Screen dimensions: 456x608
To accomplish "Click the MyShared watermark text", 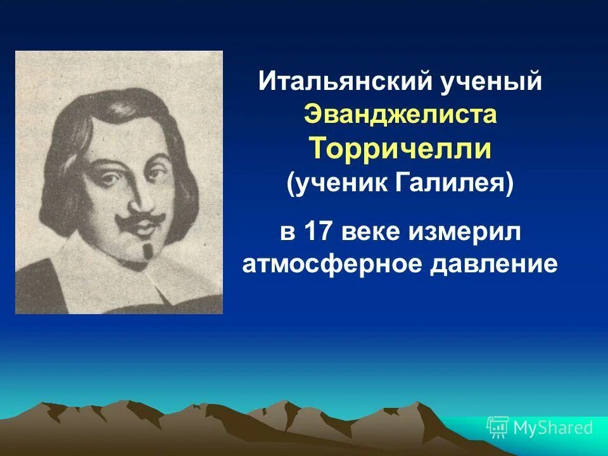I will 553,428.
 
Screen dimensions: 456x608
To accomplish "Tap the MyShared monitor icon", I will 498,428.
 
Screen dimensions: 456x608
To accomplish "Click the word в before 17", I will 288,232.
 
